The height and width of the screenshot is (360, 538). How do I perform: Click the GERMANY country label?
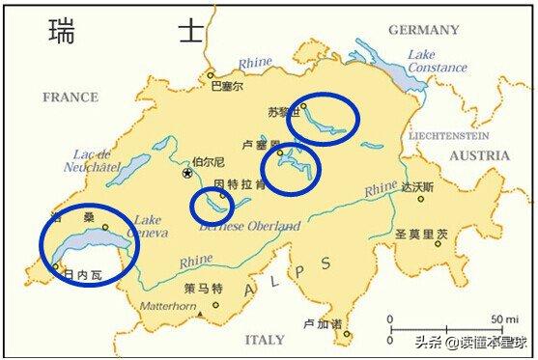(x=423, y=30)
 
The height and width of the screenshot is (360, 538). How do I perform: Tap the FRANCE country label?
(x=70, y=97)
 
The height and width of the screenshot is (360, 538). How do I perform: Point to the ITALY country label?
(x=265, y=340)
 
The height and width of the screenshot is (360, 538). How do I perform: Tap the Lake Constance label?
(x=437, y=61)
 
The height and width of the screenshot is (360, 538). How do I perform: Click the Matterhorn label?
(x=170, y=306)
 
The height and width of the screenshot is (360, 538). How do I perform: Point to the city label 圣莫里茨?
(x=422, y=234)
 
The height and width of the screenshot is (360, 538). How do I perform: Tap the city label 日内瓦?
(x=81, y=275)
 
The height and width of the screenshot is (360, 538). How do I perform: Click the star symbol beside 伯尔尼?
(x=187, y=174)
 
